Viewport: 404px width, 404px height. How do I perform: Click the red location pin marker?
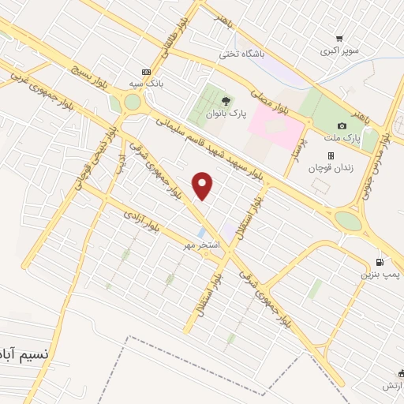click(x=204, y=185)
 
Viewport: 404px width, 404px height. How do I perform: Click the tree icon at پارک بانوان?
click(x=226, y=101)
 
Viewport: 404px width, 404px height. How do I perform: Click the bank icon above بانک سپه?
click(x=145, y=71)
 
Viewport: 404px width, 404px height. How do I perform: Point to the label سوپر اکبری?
click(x=339, y=51)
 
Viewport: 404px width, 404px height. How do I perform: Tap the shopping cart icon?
click(x=339, y=38)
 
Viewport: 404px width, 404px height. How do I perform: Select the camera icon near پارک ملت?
click(x=342, y=125)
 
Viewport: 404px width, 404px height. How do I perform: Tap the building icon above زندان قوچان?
click(x=331, y=155)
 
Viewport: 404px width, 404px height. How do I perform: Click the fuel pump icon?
click(x=383, y=262)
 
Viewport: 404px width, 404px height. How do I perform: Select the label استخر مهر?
click(x=200, y=245)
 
